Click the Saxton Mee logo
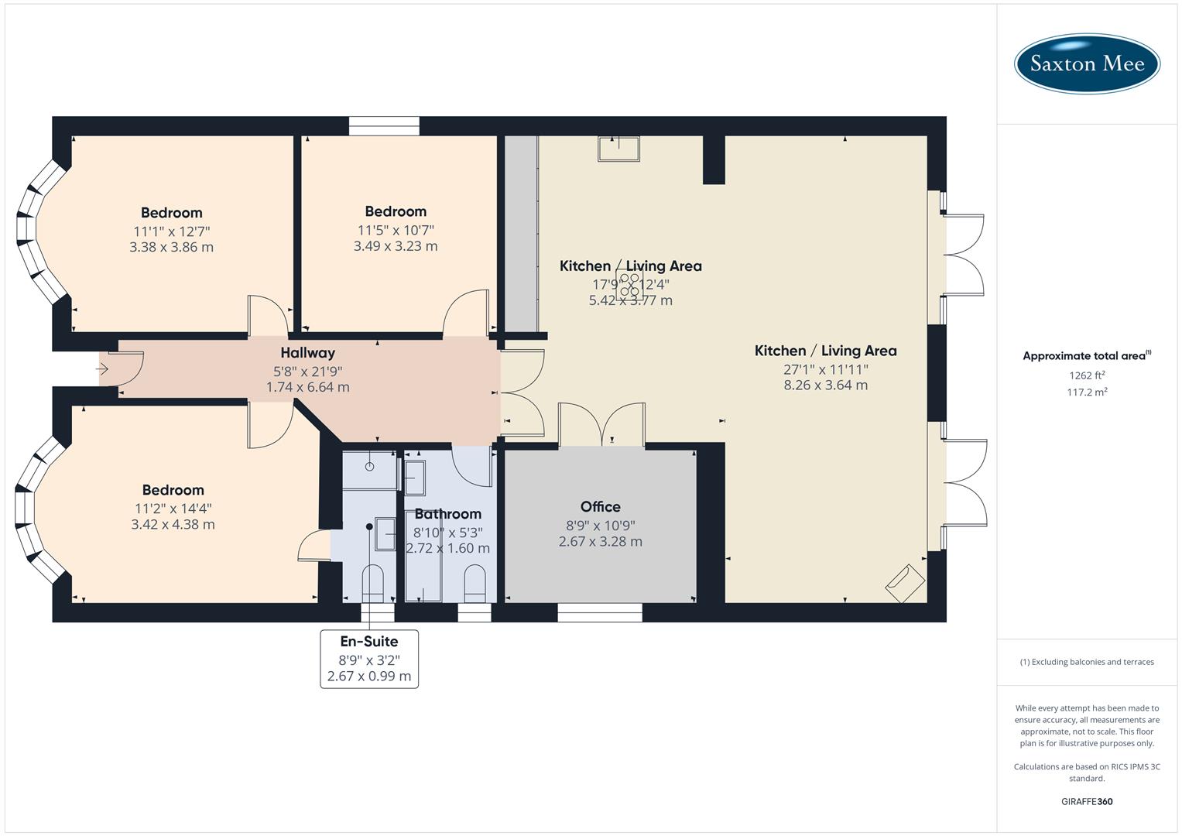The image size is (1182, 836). pyautogui.click(x=1087, y=63)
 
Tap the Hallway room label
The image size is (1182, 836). pyautogui.click(x=307, y=353)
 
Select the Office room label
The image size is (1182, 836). pyautogui.click(x=600, y=506)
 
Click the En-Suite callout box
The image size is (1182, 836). pyautogui.click(x=369, y=659)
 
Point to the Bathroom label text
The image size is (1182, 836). pyautogui.click(x=447, y=513)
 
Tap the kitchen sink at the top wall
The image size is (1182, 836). pyautogui.click(x=618, y=148)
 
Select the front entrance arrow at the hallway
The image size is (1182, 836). pyautogui.click(x=102, y=369)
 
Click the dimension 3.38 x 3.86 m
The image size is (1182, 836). pyautogui.click(x=171, y=248)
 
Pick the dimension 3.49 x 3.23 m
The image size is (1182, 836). pyautogui.click(x=396, y=246)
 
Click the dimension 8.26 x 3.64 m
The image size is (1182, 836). pyautogui.click(x=825, y=385)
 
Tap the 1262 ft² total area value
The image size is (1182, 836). pyautogui.click(x=1087, y=375)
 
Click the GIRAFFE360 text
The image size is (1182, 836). pyautogui.click(x=1087, y=801)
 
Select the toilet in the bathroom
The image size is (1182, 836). pyautogui.click(x=474, y=582)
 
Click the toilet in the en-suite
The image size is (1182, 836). pyautogui.click(x=373, y=582)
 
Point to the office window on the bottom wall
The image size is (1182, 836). pyautogui.click(x=600, y=612)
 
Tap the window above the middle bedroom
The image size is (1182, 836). pyautogui.click(x=384, y=125)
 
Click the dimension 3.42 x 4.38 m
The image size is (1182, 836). pyautogui.click(x=173, y=524)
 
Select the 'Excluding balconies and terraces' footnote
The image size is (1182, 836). pyautogui.click(x=1087, y=662)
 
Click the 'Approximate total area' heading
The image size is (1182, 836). pyautogui.click(x=1085, y=356)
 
